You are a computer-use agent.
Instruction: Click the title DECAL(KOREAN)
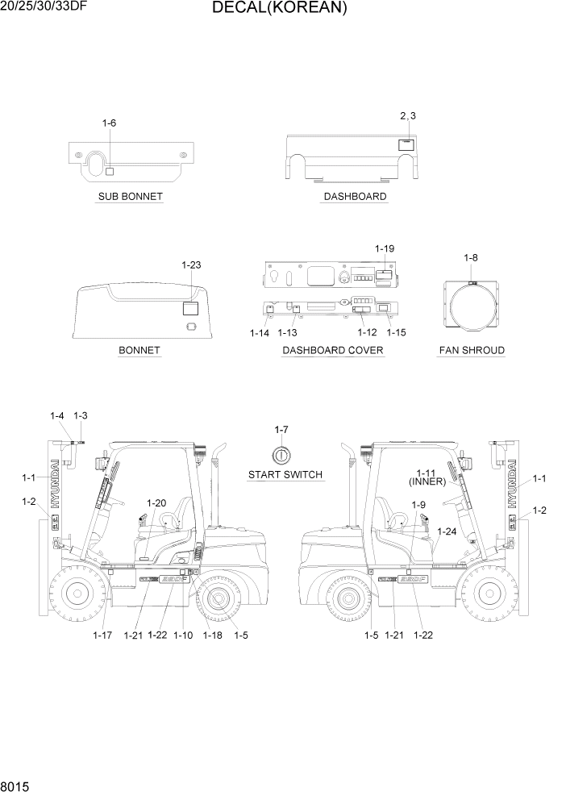pos(280,9)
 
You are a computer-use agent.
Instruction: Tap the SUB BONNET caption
pos(130,197)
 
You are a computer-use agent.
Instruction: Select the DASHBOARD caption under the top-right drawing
pos(355,197)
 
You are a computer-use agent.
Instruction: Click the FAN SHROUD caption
pos(472,351)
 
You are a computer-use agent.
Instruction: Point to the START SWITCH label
pos(285,475)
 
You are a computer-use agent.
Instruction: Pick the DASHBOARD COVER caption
pos(333,351)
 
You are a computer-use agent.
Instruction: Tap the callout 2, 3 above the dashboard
pos(408,116)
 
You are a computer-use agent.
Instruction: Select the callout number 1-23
pos(191,265)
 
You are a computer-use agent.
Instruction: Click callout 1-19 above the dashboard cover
pos(385,249)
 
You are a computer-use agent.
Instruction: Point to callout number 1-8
pos(471,257)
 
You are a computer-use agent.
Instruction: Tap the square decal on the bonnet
pos(191,308)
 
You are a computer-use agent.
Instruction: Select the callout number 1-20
pos(156,503)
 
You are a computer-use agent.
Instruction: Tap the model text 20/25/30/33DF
pos(42,7)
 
